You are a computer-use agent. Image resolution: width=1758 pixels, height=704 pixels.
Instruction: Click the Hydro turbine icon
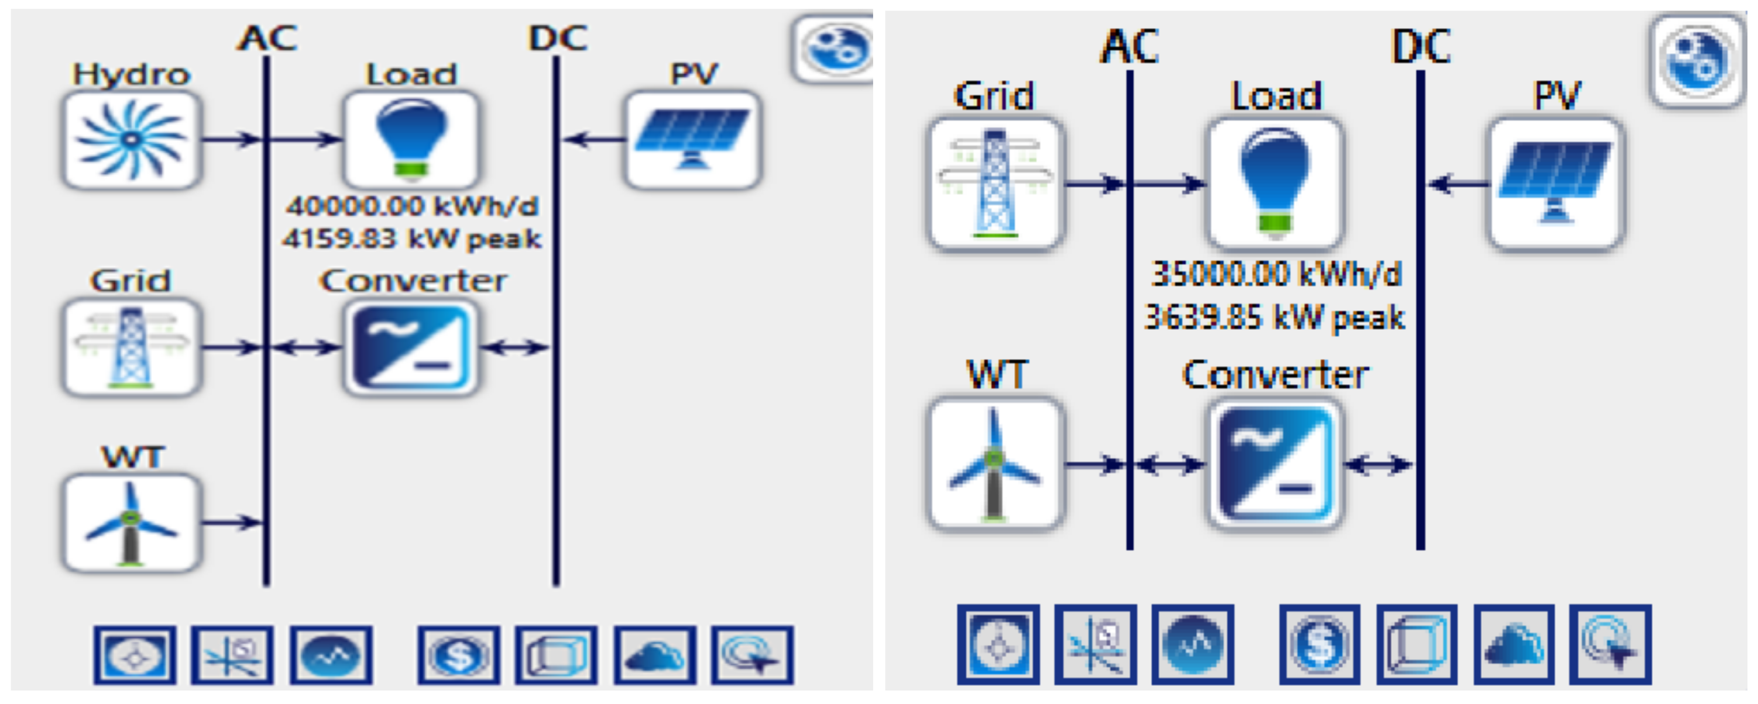tap(131, 140)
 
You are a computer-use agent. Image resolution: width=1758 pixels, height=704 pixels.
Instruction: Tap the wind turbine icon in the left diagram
tap(131, 523)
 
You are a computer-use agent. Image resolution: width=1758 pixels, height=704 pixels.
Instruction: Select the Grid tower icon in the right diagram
tap(995, 183)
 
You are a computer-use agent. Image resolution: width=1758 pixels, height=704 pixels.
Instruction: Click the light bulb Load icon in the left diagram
tap(410, 140)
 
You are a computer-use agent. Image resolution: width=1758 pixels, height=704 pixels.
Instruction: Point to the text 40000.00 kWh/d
tap(411, 206)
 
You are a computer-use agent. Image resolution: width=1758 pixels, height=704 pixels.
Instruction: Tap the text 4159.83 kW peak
tap(411, 239)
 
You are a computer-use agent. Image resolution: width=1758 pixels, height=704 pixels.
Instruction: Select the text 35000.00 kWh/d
tap(1275, 274)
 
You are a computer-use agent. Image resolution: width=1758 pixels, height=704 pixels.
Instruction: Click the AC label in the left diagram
tap(267, 37)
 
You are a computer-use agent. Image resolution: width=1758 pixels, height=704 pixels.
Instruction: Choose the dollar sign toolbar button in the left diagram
tap(459, 655)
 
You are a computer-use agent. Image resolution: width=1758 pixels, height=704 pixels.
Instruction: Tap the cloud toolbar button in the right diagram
tap(1514, 644)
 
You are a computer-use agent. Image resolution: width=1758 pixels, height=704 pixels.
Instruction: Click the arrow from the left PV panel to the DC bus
tap(591, 140)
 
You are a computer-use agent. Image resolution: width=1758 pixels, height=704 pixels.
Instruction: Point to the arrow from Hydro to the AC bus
tap(232, 140)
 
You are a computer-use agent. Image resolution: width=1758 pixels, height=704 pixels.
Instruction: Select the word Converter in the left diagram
tap(414, 281)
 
